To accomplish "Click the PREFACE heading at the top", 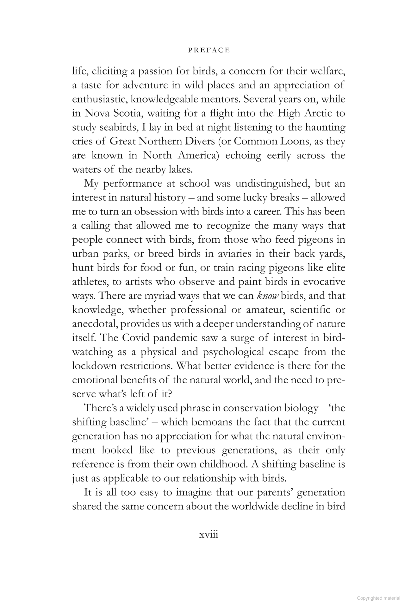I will pos(209,50).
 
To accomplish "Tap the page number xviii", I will pos(209,535).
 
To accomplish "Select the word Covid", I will pos(138,338).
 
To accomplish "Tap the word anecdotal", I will pos(95,324).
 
